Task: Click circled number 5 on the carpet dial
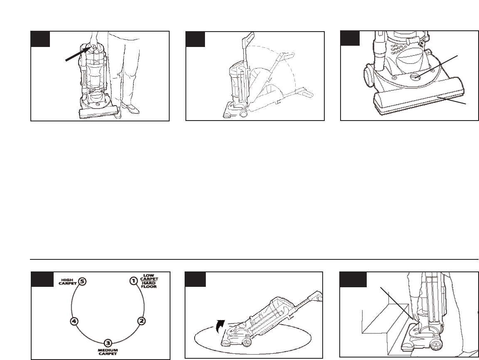82,281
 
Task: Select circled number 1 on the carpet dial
133,281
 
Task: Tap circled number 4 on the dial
74,321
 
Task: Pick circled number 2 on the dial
141,321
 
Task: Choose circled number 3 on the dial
108,343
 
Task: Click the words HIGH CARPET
68,281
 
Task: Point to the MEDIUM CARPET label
108,352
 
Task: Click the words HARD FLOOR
149,285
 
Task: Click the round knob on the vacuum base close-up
416,76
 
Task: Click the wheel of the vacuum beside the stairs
436,345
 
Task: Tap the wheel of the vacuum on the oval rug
246,343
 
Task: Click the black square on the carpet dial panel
42,279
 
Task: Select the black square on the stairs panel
353,279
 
